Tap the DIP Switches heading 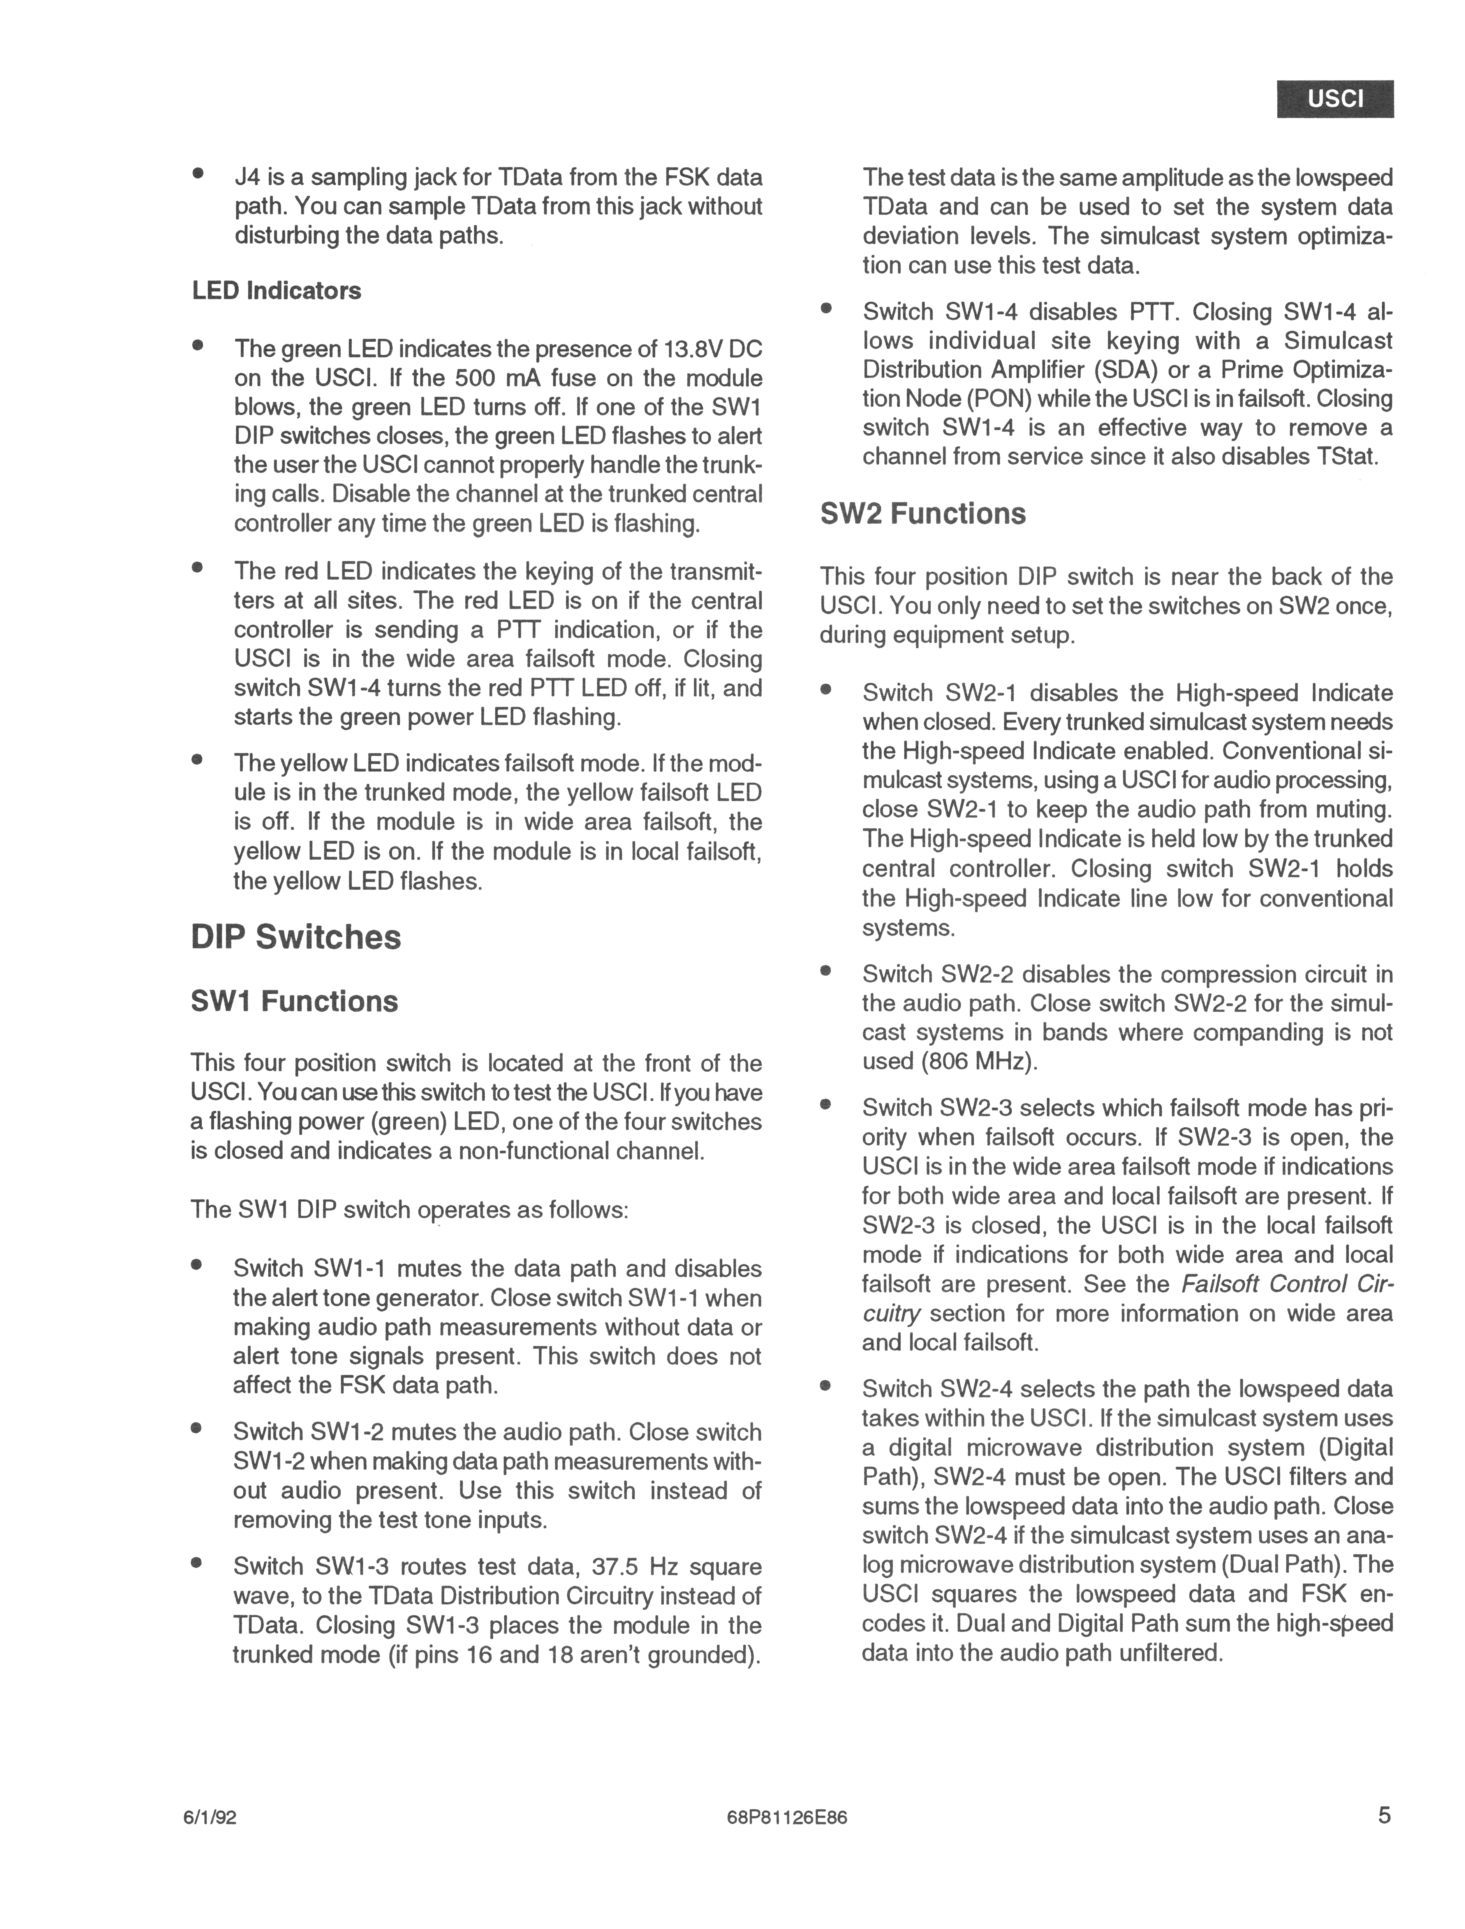click(296, 937)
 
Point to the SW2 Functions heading click(922, 514)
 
